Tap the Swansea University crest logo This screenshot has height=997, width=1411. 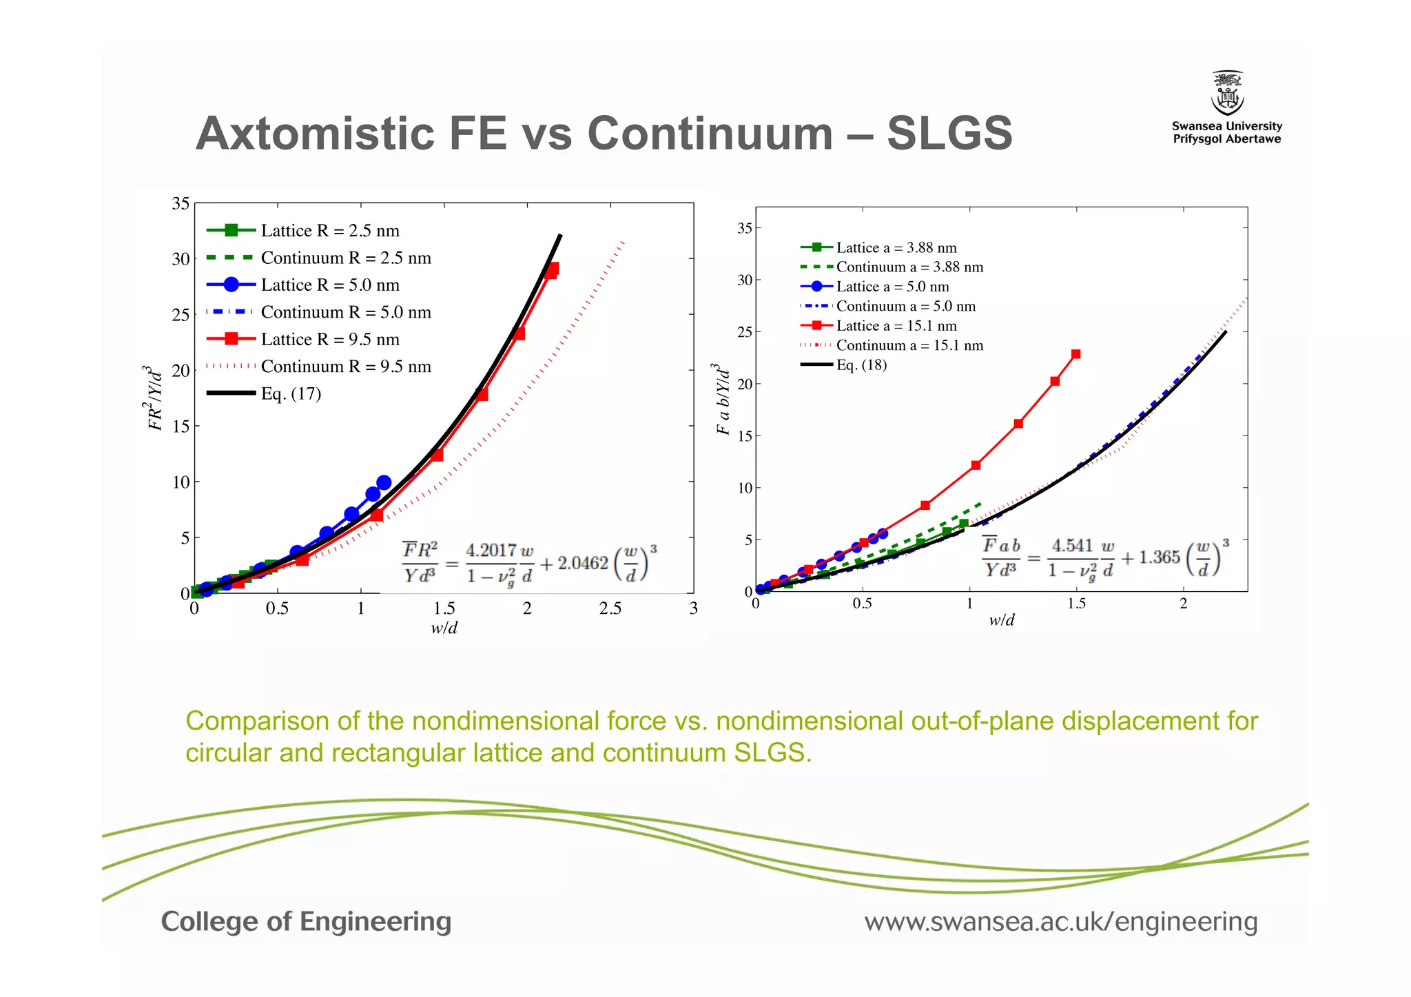click(x=1227, y=93)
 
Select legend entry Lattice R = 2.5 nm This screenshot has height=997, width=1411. click(x=330, y=230)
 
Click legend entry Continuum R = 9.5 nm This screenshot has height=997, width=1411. click(x=346, y=367)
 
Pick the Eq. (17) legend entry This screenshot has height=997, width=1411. click(x=291, y=393)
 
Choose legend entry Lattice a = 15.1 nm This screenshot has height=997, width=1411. click(x=896, y=326)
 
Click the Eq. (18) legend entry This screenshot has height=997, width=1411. click(x=861, y=365)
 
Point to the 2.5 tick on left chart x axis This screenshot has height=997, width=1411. click(x=610, y=608)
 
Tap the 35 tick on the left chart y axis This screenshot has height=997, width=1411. click(x=181, y=203)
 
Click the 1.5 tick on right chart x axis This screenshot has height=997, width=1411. click(x=1076, y=604)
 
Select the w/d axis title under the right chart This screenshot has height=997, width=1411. click(x=1001, y=620)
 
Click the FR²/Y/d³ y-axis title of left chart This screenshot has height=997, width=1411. click(x=154, y=398)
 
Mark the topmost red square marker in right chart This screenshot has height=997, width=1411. click(x=1076, y=354)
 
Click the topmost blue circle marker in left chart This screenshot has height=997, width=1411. click(x=384, y=482)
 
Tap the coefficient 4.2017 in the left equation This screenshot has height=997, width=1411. click(x=491, y=550)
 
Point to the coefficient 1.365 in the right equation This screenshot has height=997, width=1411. click(x=1160, y=557)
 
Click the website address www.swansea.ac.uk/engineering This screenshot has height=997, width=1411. click(x=1061, y=921)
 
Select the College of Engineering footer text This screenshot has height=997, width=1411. click(x=306, y=921)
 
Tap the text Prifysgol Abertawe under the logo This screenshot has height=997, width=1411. click(x=1227, y=139)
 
